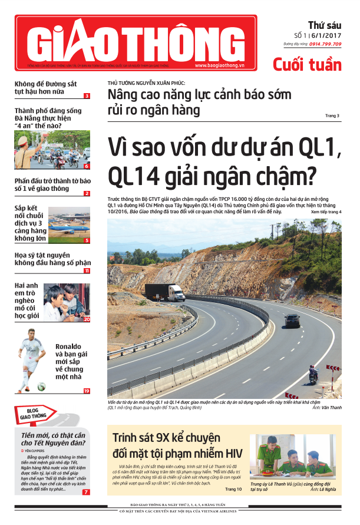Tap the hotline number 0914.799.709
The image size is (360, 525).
[325, 44]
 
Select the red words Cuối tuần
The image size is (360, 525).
[306, 64]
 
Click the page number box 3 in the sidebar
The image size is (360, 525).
[87, 96]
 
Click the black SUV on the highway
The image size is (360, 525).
[292, 321]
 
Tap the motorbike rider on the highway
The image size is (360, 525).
[313, 374]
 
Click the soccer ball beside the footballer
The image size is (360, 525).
[42, 387]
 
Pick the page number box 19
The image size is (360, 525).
[87, 391]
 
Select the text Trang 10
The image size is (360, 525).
[233, 489]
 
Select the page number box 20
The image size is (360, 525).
[87, 319]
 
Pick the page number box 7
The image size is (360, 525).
[87, 491]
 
